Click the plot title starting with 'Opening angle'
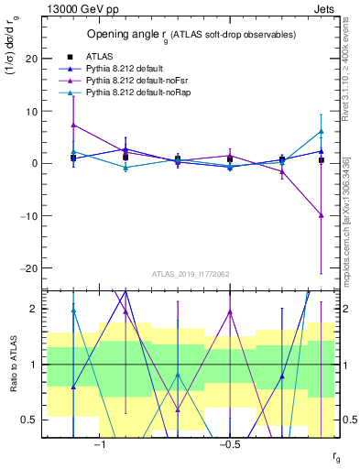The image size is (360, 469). tap(191, 35)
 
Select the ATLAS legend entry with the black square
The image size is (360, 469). tap(101, 56)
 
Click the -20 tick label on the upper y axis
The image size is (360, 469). tap(30, 268)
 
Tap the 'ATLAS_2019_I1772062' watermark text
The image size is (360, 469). tap(191, 274)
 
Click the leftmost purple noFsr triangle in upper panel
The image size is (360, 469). tap(73, 125)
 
